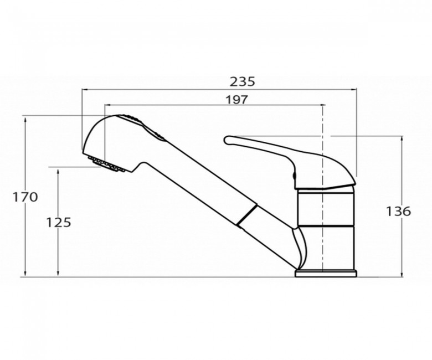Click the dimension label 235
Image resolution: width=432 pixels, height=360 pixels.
click(243, 81)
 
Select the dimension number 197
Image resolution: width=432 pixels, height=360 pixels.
click(237, 100)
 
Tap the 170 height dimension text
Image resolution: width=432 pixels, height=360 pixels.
click(25, 197)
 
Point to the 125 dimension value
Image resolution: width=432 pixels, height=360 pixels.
click(58, 222)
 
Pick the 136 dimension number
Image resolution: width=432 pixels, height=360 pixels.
click(398, 211)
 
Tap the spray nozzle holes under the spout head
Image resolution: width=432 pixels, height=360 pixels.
click(107, 164)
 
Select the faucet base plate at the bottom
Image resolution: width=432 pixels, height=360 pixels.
click(326, 273)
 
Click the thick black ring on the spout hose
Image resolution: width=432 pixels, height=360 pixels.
click(246, 216)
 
